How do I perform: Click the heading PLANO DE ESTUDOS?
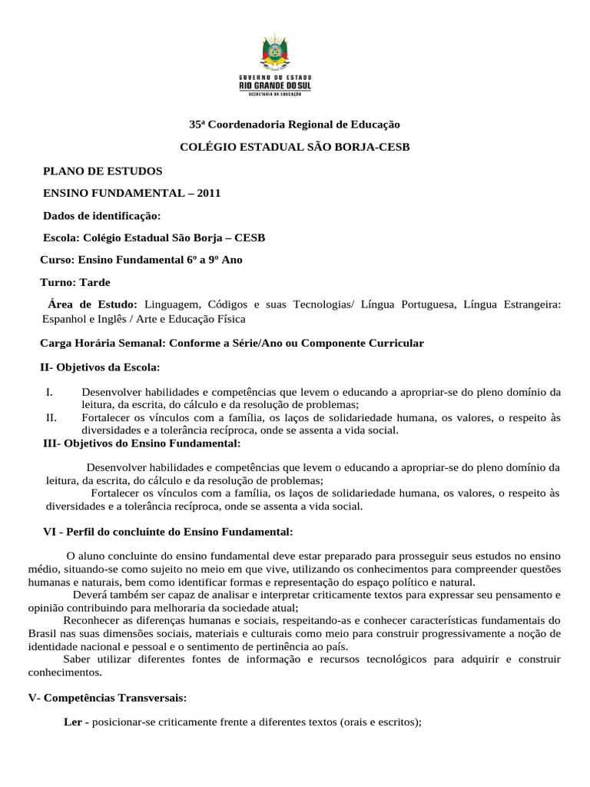(x=102, y=171)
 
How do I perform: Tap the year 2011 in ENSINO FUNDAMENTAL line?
(x=208, y=193)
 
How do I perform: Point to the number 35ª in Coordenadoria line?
(x=198, y=124)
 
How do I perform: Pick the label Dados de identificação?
(x=102, y=215)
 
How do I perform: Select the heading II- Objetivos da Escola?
(x=100, y=367)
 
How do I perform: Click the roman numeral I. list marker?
(x=49, y=391)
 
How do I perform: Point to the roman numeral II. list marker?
(x=52, y=417)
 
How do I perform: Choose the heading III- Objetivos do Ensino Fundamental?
(x=141, y=443)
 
